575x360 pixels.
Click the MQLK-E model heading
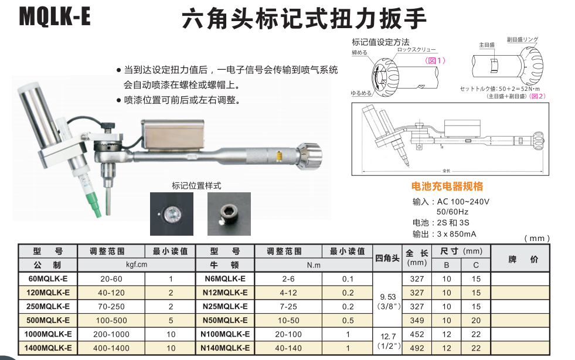click(55, 16)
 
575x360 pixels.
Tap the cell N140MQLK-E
click(225, 348)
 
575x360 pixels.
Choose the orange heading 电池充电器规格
click(447, 187)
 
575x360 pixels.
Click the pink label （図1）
click(435, 60)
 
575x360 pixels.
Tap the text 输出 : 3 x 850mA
click(444, 233)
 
